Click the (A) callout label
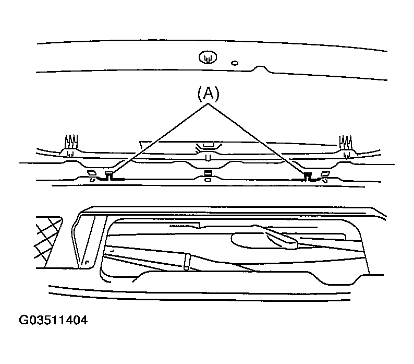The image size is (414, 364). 209,94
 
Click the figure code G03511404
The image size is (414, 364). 53,320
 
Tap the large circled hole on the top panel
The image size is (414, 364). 208,57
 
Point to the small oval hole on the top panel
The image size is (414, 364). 235,63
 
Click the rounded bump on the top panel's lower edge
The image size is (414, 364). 260,69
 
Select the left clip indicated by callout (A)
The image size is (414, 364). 109,175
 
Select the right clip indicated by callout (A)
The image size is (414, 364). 308,175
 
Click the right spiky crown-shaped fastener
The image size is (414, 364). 346,143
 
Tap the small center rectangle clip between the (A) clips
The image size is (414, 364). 208,173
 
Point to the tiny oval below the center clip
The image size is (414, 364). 208,180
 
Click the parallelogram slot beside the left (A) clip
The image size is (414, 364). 92,173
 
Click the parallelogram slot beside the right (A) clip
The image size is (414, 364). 325,174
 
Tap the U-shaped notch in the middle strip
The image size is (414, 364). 208,158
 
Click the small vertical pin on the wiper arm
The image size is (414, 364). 187,262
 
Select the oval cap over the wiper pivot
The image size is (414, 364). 264,241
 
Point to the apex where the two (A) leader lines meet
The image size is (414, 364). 208,104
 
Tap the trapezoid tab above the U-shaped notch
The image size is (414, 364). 209,146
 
